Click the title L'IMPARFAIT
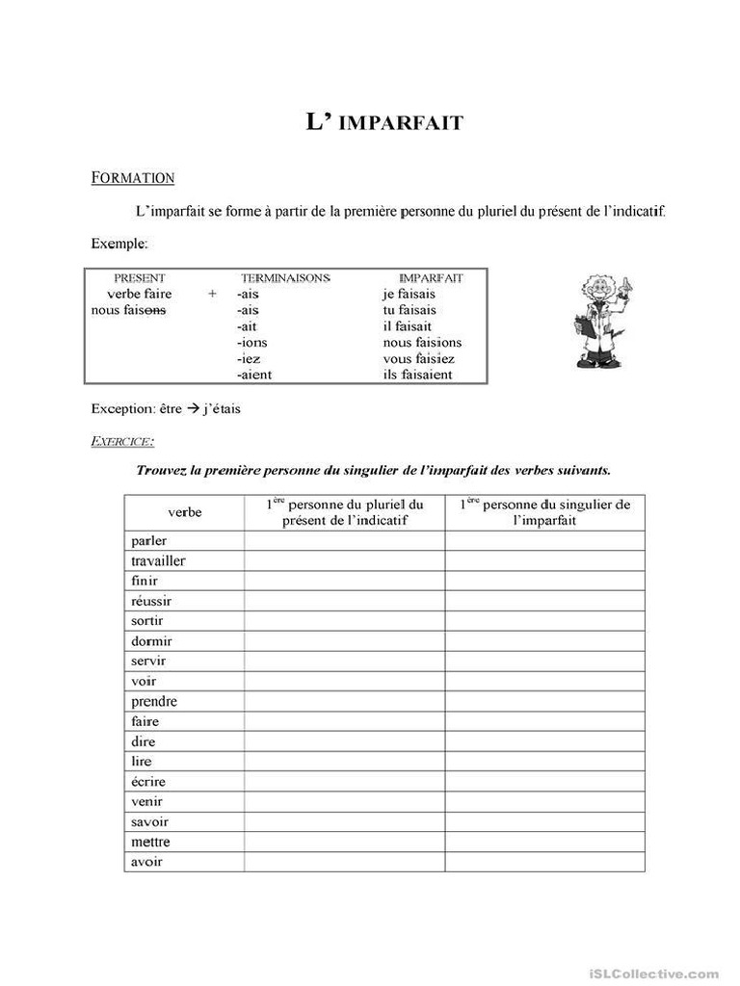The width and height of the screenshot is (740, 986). tap(384, 122)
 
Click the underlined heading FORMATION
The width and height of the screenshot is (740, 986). tap(133, 177)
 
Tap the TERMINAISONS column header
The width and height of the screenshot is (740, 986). tap(284, 277)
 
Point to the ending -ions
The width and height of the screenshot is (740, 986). tap(252, 342)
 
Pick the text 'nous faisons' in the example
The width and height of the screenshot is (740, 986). tap(128, 310)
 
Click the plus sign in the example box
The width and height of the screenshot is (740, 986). tap(212, 294)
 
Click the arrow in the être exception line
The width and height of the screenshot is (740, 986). tap(191, 408)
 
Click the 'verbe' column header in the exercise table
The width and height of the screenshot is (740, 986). tap(184, 512)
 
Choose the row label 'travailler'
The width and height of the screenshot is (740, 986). tap(158, 560)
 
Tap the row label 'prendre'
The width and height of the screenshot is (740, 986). tap(154, 701)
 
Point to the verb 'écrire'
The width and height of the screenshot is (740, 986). tap(148, 781)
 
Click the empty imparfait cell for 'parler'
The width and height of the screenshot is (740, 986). tap(544, 540)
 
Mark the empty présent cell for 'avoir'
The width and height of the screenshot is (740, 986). tap(344, 862)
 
